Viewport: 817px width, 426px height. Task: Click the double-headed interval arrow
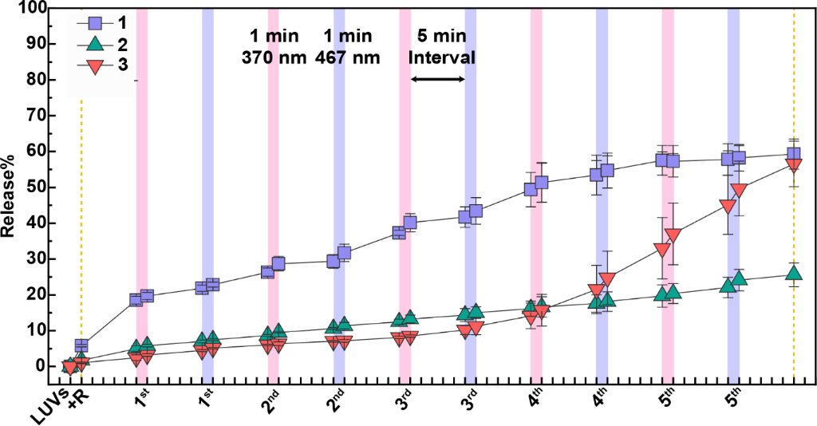(437, 79)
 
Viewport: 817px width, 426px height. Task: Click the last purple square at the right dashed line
(794, 154)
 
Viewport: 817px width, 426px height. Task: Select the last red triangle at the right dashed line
(794, 165)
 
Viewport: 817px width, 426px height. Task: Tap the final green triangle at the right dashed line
(794, 273)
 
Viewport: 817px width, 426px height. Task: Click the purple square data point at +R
(81, 345)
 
